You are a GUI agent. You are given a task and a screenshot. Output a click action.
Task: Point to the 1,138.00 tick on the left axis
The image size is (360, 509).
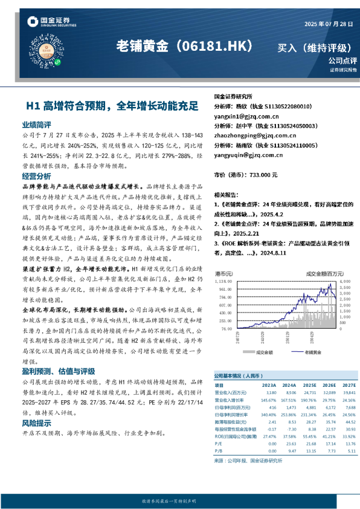tap(224, 281)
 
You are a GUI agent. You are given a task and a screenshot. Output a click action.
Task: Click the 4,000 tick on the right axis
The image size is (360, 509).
tap(346, 281)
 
